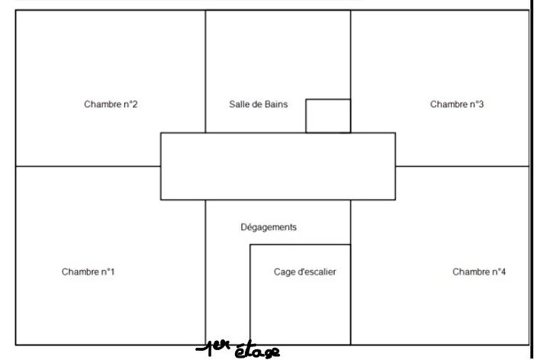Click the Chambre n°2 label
[111, 104]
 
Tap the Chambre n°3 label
[457, 104]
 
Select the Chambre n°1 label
[88, 272]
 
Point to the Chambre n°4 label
[479, 272]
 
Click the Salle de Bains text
[258, 104]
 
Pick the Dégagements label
[269, 227]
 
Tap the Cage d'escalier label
[305, 272]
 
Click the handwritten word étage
[257, 350]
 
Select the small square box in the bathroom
[328, 116]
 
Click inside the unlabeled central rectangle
[278, 166]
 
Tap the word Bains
[276, 104]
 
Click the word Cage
[283, 272]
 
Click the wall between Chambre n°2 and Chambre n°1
[88, 166]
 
